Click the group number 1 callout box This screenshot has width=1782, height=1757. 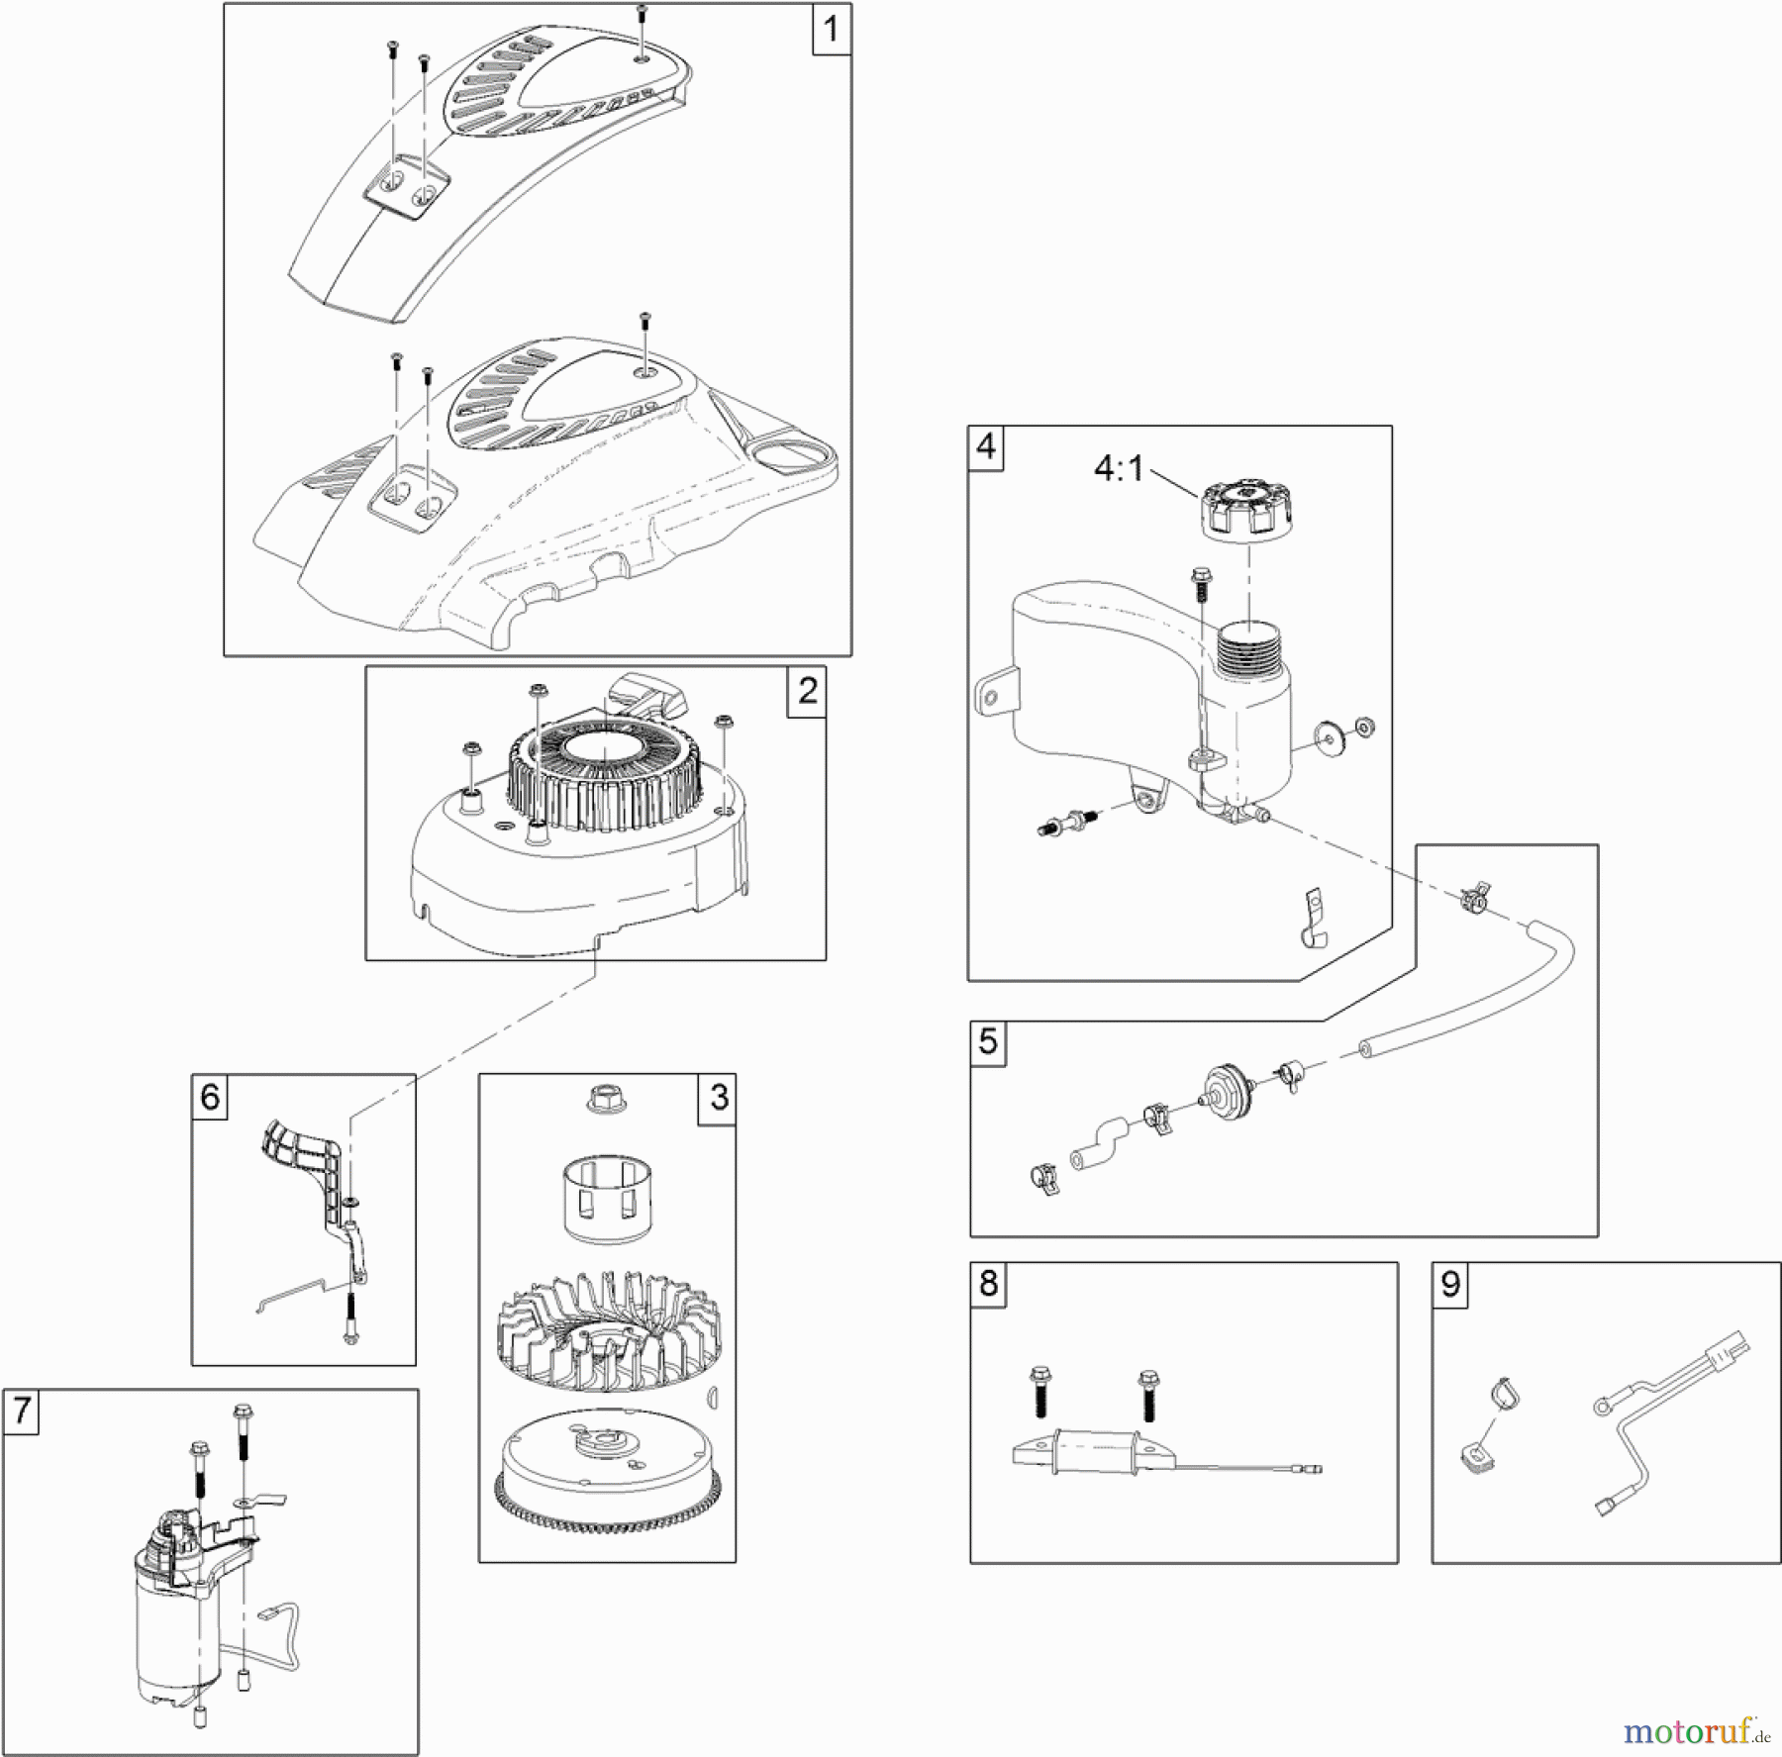point(831,29)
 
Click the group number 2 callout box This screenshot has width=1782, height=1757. point(807,690)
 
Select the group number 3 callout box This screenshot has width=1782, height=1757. point(718,1098)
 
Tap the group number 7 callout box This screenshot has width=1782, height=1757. point(22,1412)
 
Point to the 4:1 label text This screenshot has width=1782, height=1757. point(1118,468)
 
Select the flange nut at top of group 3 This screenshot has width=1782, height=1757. point(607,1098)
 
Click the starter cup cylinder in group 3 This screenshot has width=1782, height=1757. point(608,1198)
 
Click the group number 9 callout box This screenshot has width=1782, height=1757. point(1450,1284)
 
